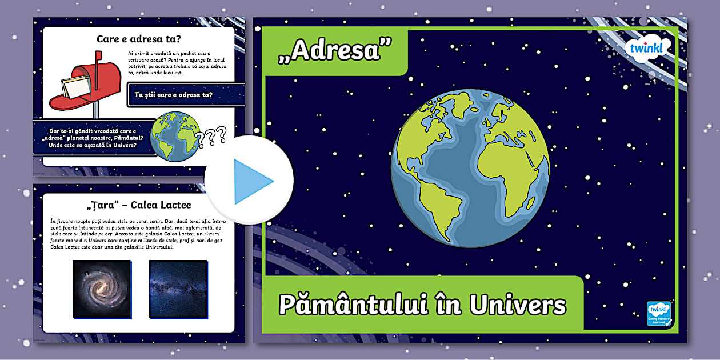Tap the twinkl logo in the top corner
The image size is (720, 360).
(x=645, y=48)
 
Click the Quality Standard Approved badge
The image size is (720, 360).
(x=659, y=313)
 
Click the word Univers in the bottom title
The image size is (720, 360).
(x=518, y=305)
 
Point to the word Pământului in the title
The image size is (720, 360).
(x=354, y=305)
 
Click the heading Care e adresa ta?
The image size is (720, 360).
(x=139, y=39)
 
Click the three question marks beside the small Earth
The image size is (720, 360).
(x=210, y=136)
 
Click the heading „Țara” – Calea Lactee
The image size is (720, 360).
(x=139, y=205)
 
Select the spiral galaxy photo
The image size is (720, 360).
(x=102, y=288)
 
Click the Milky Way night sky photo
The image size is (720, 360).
(x=178, y=288)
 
